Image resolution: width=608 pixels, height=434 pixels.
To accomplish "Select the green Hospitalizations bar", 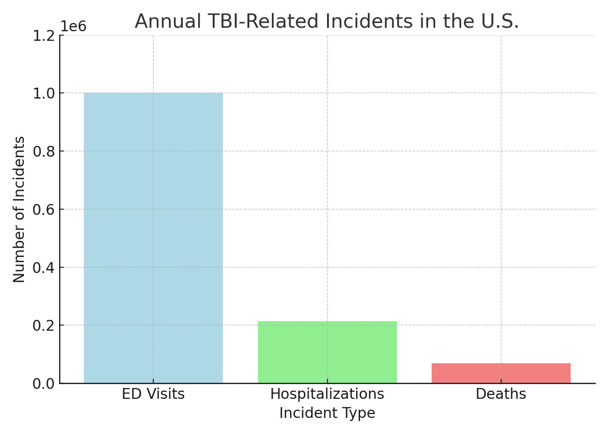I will tap(327, 352).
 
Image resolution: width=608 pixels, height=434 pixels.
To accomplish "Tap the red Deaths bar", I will tap(501, 373).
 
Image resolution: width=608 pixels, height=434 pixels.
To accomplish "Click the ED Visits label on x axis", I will tap(153, 394).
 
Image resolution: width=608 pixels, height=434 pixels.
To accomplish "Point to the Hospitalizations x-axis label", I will tap(327, 394).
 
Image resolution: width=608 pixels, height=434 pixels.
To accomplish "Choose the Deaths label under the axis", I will tap(501, 394).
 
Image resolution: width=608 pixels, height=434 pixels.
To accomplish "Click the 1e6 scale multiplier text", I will tap(73, 26).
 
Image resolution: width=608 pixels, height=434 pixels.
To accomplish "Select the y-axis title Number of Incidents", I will tap(19, 209).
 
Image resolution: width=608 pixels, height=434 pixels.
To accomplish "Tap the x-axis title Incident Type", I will tap(327, 413).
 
